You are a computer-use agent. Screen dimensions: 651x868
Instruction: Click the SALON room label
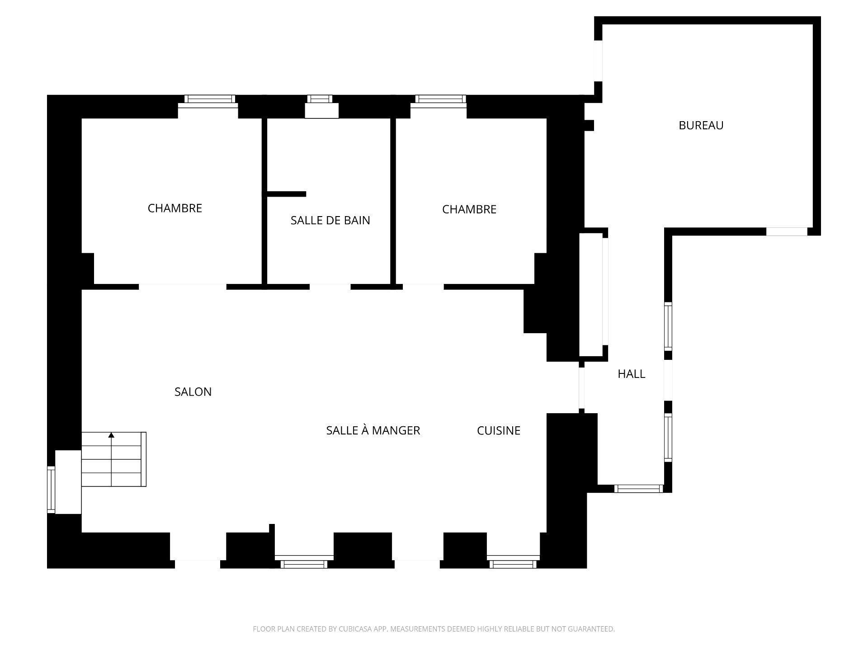point(193,392)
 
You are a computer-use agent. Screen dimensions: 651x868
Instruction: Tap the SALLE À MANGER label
point(373,430)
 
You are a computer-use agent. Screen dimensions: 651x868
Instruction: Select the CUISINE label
point(499,430)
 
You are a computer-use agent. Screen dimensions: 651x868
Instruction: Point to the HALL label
point(631,374)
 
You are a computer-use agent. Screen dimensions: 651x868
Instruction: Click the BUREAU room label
point(701,125)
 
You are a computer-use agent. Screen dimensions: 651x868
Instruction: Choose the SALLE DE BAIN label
point(330,220)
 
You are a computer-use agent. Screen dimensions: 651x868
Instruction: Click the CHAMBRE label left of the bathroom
point(175,208)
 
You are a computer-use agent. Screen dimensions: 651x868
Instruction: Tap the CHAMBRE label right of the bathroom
point(469,209)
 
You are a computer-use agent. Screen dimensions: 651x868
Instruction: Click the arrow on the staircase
point(111,435)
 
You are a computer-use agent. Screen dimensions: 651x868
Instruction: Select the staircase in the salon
point(113,459)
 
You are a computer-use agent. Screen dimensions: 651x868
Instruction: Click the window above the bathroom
point(320,99)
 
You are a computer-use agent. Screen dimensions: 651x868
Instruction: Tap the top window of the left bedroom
point(210,99)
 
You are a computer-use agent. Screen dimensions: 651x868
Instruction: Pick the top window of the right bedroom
point(440,99)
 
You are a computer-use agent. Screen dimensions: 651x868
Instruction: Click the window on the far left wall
point(51,490)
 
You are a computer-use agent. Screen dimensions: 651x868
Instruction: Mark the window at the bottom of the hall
point(638,488)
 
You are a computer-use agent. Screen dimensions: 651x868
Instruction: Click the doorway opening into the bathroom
point(330,287)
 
